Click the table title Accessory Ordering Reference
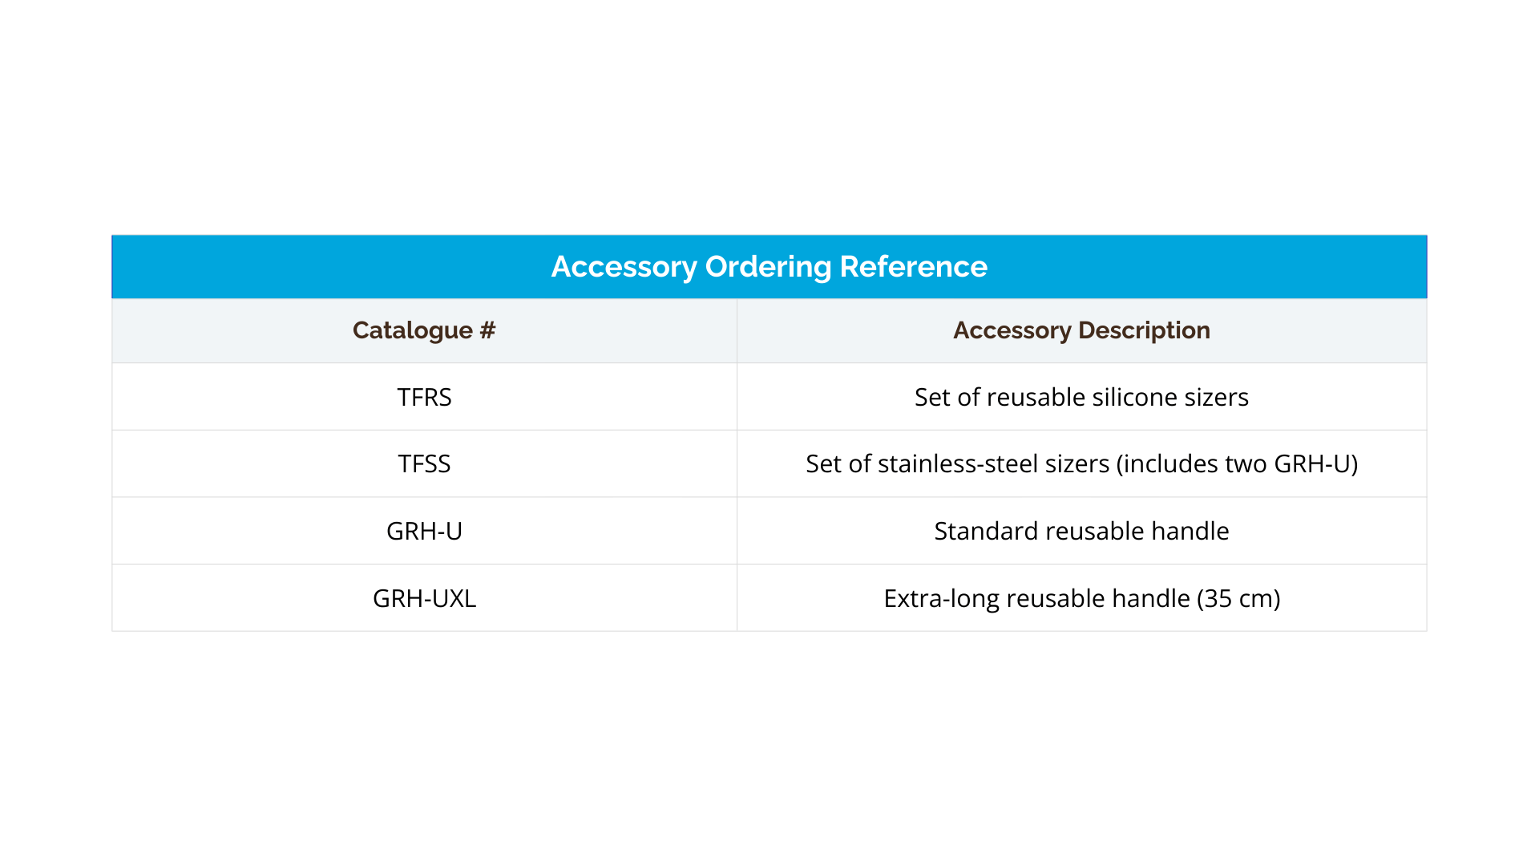point(769,267)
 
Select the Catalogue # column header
point(424,330)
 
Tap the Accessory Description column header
point(1081,330)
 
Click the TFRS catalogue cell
point(424,397)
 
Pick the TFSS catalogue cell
point(424,463)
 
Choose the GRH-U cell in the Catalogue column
point(424,531)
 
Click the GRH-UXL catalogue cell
point(424,598)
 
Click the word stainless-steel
point(954,463)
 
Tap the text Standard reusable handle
point(1081,531)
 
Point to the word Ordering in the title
point(768,268)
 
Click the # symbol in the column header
point(487,330)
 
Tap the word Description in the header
point(1144,330)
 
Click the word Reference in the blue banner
point(913,267)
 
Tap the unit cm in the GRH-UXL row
point(1254,599)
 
